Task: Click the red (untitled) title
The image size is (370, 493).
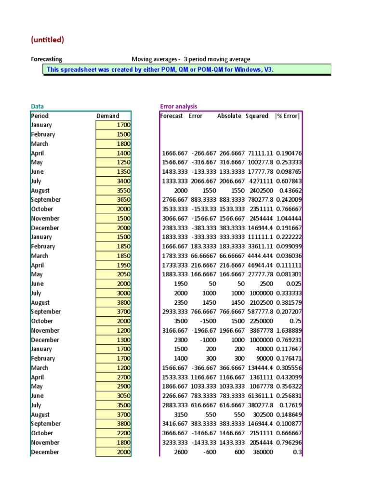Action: click(x=47, y=39)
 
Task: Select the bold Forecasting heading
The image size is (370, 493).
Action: click(x=46, y=59)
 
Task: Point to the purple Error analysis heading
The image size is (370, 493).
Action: click(x=178, y=106)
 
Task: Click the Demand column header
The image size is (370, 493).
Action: click(x=107, y=116)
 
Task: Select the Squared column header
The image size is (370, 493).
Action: click(x=257, y=116)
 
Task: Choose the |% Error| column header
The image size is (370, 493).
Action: click(x=288, y=116)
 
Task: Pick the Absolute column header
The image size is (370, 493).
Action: click(x=229, y=116)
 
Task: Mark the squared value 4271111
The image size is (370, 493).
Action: click(x=260, y=181)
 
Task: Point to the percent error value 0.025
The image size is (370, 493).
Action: click(x=294, y=284)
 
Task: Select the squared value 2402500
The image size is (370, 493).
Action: click(x=260, y=190)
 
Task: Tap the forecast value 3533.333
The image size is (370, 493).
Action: click(x=172, y=209)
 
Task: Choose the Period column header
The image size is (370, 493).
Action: click(x=40, y=116)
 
